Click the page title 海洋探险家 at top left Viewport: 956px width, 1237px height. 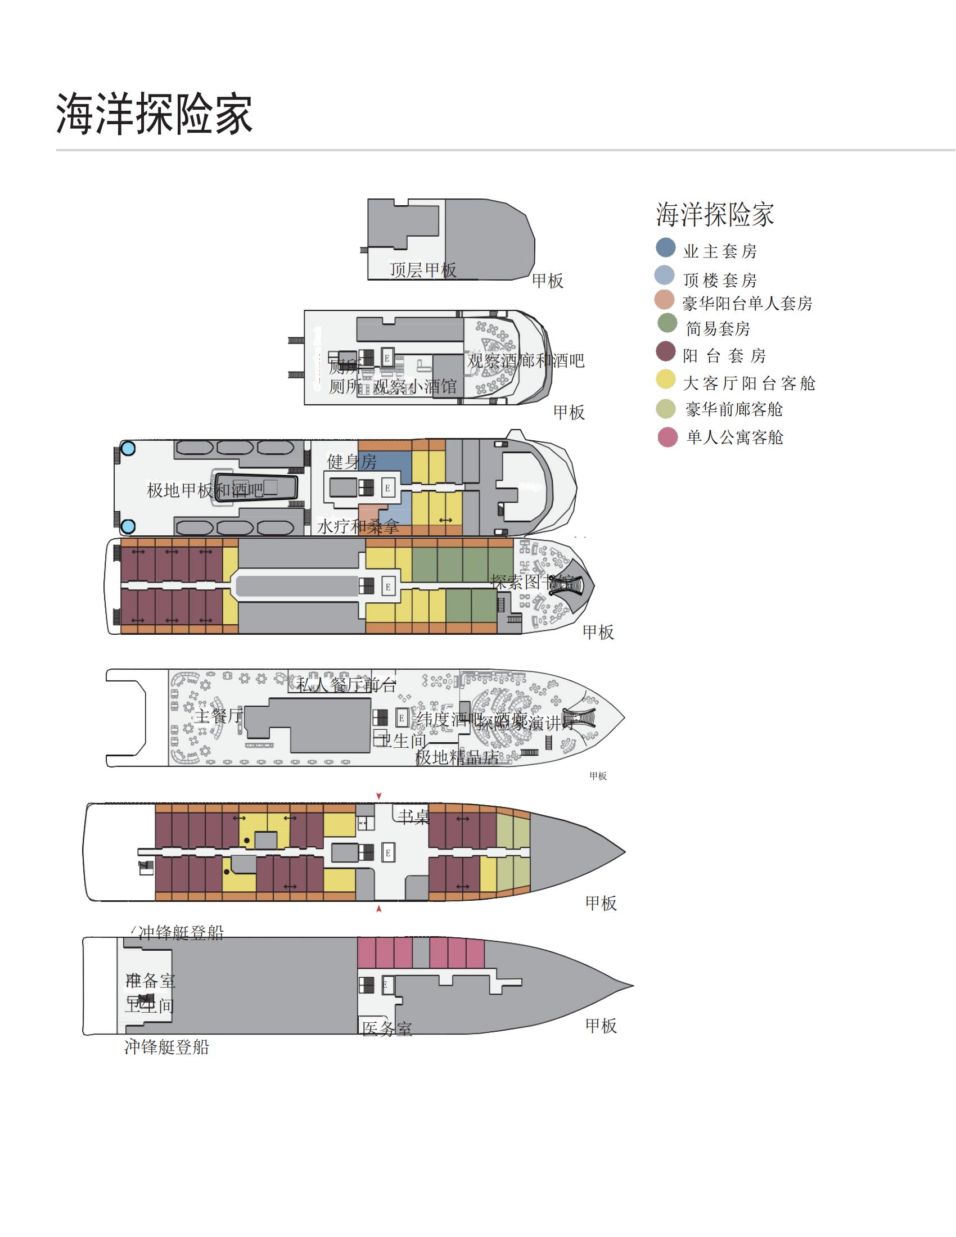click(x=154, y=114)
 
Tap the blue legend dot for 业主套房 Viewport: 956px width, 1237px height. click(x=665, y=247)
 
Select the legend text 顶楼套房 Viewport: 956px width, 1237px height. click(x=719, y=280)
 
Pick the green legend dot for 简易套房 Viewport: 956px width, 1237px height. click(x=666, y=323)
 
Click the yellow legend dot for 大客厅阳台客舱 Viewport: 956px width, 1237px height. click(x=666, y=380)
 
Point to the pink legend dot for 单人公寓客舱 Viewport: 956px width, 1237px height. click(x=668, y=437)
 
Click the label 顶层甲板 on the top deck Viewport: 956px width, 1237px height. click(x=422, y=270)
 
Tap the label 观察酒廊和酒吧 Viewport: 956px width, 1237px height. click(x=525, y=361)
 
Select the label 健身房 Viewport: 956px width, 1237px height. click(x=351, y=462)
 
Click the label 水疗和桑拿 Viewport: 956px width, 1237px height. click(x=358, y=527)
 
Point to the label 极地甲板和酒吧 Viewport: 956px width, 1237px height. click(x=205, y=490)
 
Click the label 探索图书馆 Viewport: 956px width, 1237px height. click(x=533, y=582)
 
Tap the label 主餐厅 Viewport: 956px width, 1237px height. click(x=219, y=716)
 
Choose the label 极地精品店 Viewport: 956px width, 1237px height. click(x=457, y=757)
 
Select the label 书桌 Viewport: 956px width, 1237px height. click(x=413, y=817)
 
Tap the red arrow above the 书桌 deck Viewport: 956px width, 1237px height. click(x=379, y=796)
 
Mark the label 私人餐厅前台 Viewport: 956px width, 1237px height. click(x=345, y=685)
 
